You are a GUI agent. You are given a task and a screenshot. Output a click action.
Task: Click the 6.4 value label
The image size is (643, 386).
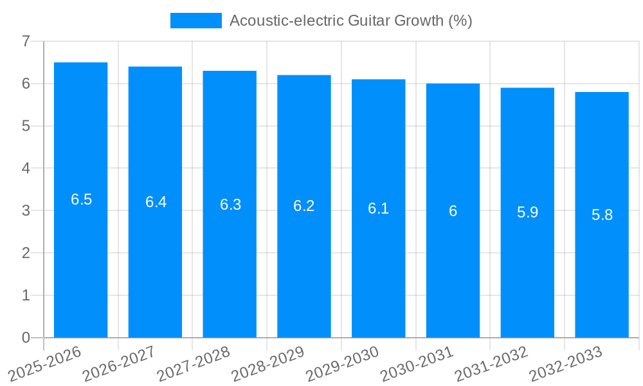(156, 202)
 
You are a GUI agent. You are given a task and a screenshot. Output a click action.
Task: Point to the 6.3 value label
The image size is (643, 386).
(230, 205)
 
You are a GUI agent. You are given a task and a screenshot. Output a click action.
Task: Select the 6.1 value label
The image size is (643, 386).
(378, 208)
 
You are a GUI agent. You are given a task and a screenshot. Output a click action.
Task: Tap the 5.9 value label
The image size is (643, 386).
(527, 212)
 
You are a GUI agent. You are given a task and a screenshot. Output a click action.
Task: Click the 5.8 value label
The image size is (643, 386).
(602, 215)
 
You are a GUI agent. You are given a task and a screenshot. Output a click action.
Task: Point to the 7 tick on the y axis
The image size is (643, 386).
(26, 41)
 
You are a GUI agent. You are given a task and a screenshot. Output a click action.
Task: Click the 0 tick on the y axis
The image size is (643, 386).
(26, 338)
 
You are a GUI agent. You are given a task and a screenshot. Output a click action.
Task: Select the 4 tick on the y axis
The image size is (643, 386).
(26, 169)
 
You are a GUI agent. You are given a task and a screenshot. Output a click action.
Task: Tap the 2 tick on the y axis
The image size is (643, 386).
(26, 253)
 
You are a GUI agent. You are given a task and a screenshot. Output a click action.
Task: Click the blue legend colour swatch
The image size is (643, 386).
(195, 21)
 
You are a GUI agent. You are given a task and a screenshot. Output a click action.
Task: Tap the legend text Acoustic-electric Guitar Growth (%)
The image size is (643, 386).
(350, 21)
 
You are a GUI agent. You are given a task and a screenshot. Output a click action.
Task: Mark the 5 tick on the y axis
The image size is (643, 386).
(26, 126)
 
